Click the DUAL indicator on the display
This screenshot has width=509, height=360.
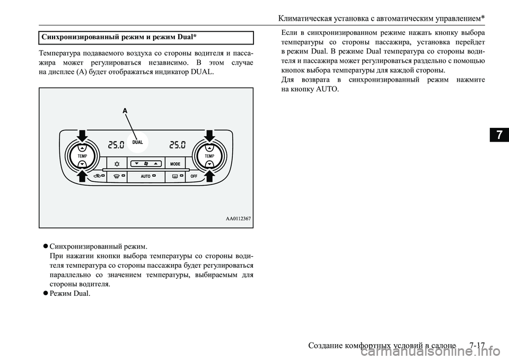click(x=138, y=143)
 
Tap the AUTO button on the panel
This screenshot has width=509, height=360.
click(x=146, y=176)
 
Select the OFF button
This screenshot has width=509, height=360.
click(x=194, y=176)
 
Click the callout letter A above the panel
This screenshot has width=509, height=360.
click(x=126, y=111)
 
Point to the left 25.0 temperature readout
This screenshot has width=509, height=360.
click(x=116, y=144)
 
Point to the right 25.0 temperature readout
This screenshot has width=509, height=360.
click(x=178, y=144)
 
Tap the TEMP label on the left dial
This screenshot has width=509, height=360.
click(x=82, y=156)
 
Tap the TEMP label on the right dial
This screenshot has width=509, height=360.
click(x=209, y=156)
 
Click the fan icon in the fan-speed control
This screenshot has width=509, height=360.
click(x=146, y=163)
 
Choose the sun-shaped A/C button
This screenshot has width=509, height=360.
click(x=116, y=163)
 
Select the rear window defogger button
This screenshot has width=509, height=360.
click(x=175, y=176)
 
